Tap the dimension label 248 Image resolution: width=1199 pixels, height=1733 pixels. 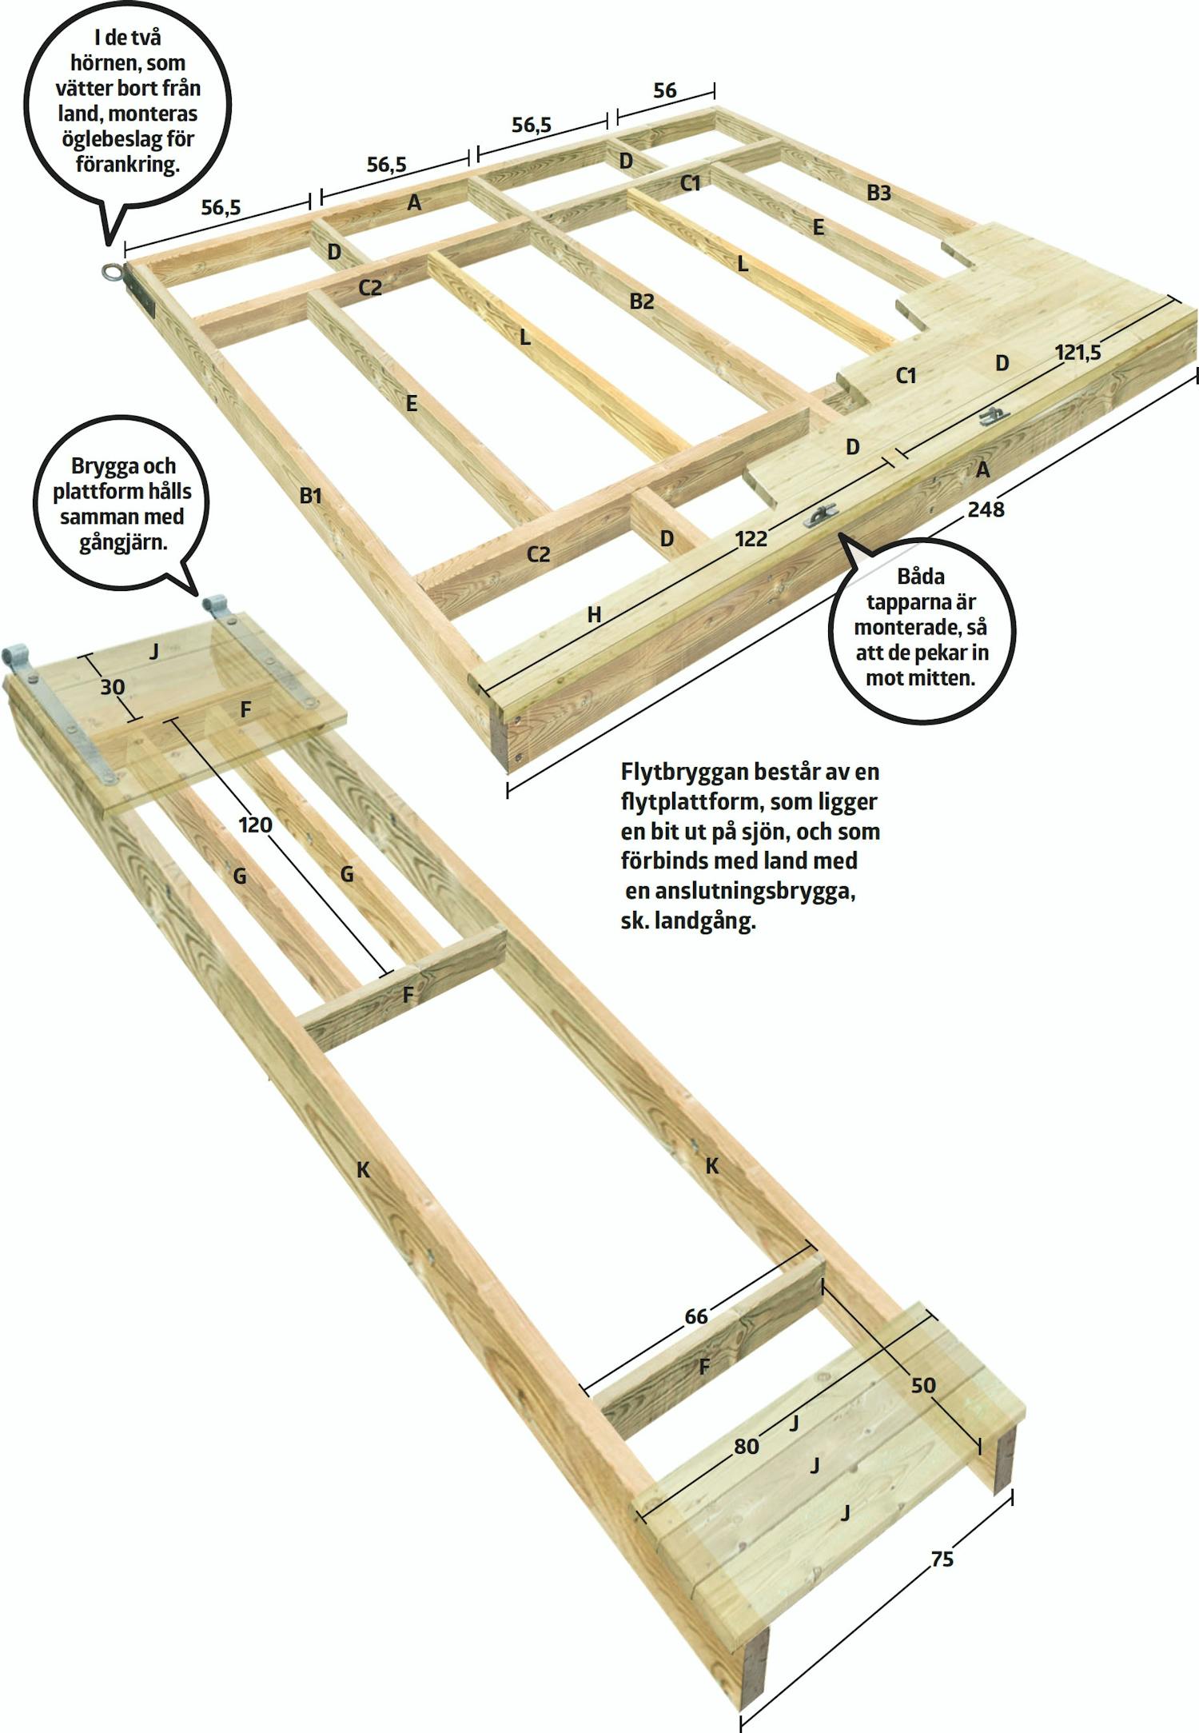[986, 509]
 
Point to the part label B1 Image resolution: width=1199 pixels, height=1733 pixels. [311, 496]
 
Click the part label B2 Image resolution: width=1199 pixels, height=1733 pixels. [642, 301]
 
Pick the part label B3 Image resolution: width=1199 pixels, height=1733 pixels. [878, 193]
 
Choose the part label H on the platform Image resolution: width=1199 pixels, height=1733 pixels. [594, 615]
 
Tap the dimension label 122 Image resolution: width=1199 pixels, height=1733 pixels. [751, 539]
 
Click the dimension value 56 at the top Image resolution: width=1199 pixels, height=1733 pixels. [665, 90]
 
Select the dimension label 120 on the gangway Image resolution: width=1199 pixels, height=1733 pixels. [256, 825]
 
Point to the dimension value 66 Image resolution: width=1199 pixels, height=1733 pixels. [696, 1316]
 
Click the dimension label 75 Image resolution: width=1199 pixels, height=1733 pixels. [942, 1559]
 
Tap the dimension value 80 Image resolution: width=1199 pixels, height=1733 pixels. [746, 1446]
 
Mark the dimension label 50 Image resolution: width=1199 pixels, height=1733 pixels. [923, 1385]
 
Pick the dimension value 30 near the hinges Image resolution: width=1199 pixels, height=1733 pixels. [112, 686]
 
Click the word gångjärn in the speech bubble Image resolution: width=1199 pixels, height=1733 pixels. [123, 543]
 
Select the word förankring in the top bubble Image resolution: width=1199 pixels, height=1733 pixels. [127, 165]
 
